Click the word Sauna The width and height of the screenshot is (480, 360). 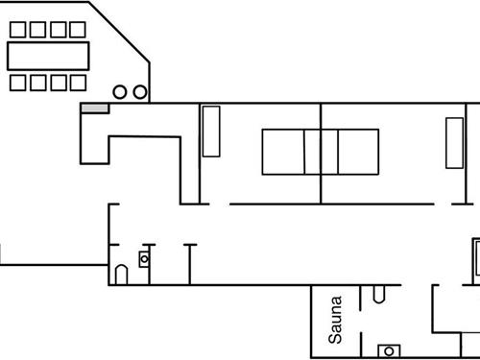[x=335, y=320]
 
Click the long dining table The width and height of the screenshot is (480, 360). [x=48, y=56]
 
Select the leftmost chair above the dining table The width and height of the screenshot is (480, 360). [x=18, y=30]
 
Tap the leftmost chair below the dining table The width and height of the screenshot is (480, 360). [x=18, y=83]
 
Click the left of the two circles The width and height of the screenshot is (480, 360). [x=121, y=92]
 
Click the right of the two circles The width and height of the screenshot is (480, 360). [x=140, y=92]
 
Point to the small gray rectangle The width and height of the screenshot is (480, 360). [x=94, y=108]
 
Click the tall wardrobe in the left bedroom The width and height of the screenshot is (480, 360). [x=211, y=131]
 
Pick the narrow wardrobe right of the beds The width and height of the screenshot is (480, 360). [x=454, y=143]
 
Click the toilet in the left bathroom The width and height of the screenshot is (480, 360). [x=121, y=275]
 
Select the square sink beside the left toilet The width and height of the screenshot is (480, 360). [x=145, y=258]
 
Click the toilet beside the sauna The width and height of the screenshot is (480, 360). [x=380, y=293]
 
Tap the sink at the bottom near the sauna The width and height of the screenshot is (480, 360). [x=390, y=350]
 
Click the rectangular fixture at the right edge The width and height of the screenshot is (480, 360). [x=475, y=257]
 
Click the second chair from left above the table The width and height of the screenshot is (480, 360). [x=38, y=30]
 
